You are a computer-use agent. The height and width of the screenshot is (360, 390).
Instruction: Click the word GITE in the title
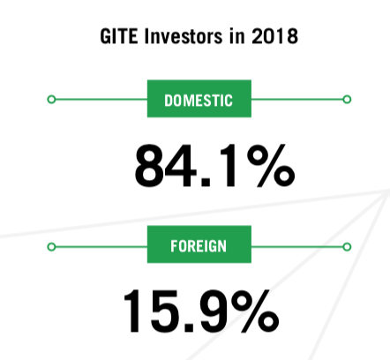tap(119, 36)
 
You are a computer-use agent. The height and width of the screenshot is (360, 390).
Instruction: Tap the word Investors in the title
tap(184, 36)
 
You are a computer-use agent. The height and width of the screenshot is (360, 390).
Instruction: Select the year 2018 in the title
tap(274, 36)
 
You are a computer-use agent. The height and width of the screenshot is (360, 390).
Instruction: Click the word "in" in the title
tap(237, 36)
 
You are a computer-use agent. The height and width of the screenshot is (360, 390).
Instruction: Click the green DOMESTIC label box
tap(199, 99)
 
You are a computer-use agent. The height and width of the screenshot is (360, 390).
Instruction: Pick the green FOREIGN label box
tap(199, 244)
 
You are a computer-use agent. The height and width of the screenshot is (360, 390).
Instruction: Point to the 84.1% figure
tap(214, 166)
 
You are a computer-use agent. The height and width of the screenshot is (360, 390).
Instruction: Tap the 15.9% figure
tap(201, 311)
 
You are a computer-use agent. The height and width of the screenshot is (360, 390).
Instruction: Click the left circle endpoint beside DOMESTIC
tap(51, 100)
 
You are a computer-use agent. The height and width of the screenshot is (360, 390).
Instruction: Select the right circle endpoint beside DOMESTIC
tap(347, 100)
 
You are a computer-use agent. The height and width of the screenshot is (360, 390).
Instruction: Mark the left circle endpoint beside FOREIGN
tap(51, 247)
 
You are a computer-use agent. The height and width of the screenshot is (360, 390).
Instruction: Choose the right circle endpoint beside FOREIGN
tap(347, 247)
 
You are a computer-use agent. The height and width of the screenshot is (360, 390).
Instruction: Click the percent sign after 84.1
tap(271, 166)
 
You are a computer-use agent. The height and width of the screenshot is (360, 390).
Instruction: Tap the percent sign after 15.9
tap(255, 311)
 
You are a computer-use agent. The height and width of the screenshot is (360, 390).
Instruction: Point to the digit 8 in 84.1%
tap(149, 166)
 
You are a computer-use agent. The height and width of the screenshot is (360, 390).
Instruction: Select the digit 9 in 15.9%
tap(215, 311)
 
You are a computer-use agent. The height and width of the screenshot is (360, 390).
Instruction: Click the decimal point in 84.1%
tap(205, 182)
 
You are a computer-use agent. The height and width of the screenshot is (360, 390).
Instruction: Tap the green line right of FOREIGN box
tap(297, 247)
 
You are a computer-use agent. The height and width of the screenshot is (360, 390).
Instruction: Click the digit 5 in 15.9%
tap(166, 311)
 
